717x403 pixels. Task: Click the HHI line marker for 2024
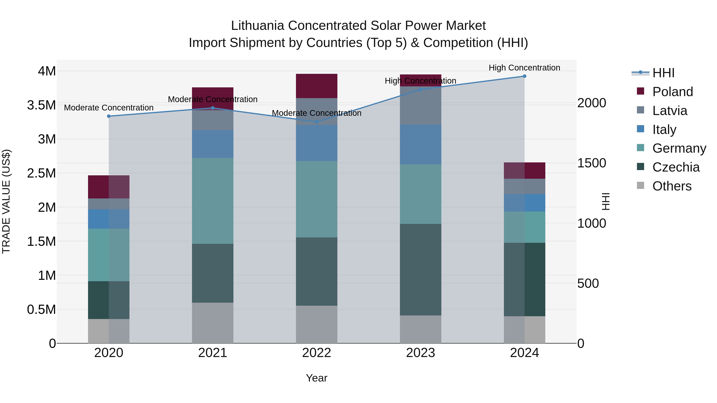524,76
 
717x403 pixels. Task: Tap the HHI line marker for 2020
109,116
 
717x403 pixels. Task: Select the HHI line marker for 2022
316,122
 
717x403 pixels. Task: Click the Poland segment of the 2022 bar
316,86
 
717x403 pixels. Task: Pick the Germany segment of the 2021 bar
213,201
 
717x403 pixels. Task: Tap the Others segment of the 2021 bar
213,323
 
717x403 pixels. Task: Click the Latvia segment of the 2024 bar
524,186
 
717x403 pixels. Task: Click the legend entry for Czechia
676,167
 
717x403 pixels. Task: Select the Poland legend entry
672,92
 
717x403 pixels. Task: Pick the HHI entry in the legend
663,73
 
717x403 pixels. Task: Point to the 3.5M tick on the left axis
41,105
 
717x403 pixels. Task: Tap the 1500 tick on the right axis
592,163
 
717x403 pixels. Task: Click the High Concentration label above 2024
524,68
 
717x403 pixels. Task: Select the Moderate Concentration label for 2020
109,108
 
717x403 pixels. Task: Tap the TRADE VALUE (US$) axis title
6,201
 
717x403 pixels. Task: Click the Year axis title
316,378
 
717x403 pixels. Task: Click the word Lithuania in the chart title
258,26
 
